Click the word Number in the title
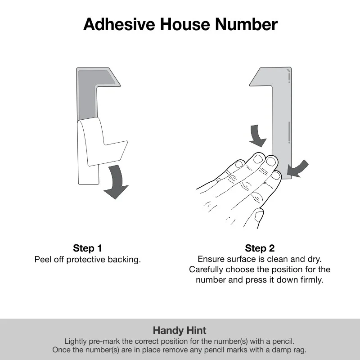click(247, 24)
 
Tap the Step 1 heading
click(87, 248)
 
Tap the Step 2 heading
click(260, 248)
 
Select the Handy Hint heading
click(180, 331)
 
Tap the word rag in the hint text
click(300, 350)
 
